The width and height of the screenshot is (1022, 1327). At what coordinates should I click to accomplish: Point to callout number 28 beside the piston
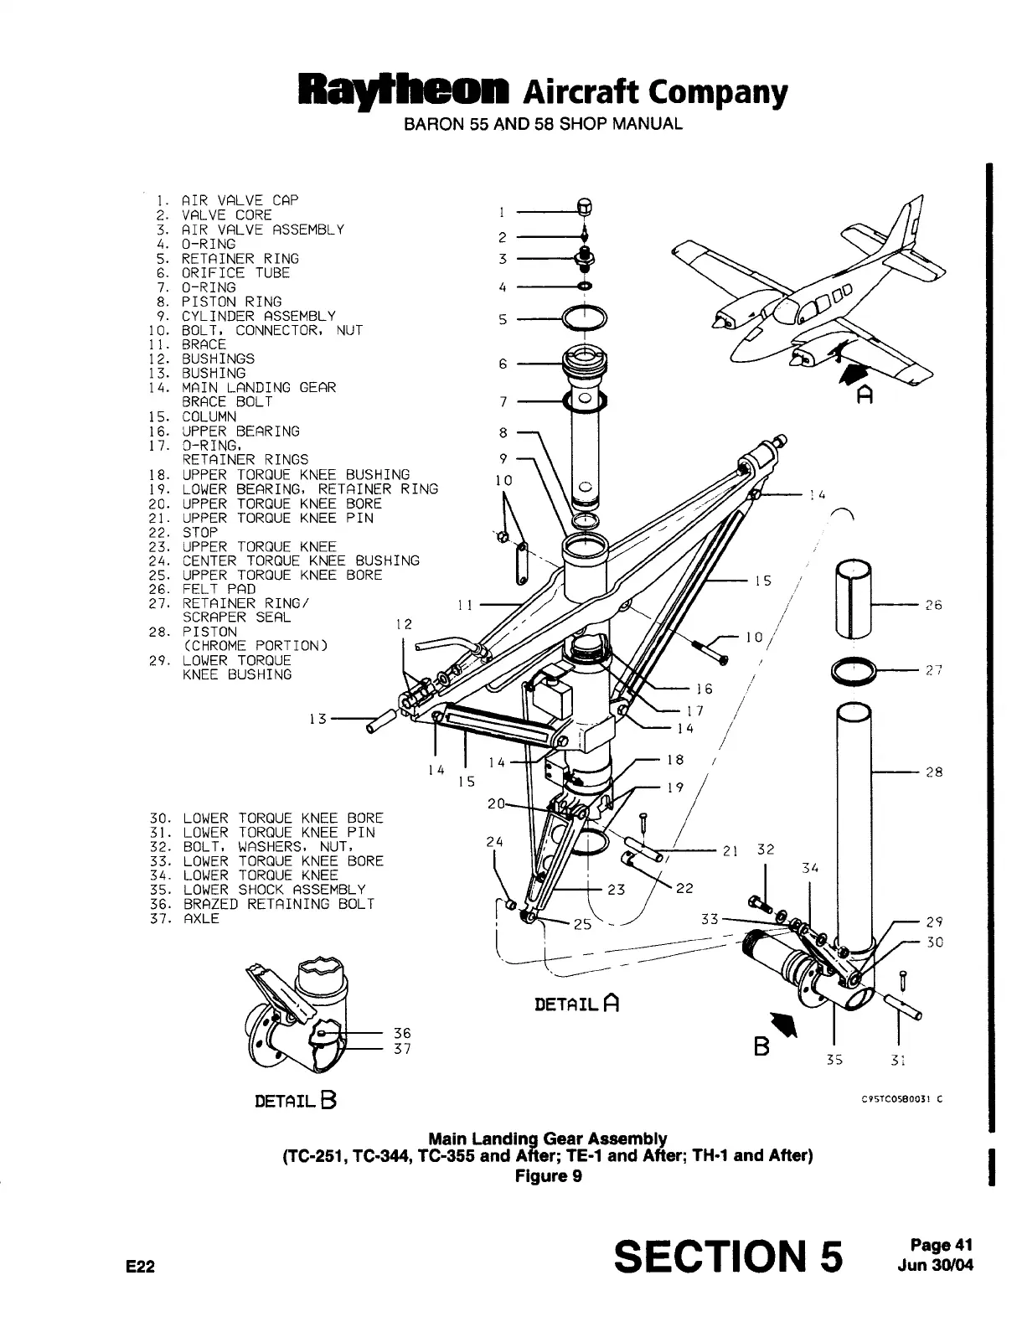934,772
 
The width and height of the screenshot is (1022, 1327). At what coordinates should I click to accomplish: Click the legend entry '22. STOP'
183,532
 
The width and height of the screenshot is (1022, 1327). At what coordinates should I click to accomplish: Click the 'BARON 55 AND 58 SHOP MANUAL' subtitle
543,124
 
